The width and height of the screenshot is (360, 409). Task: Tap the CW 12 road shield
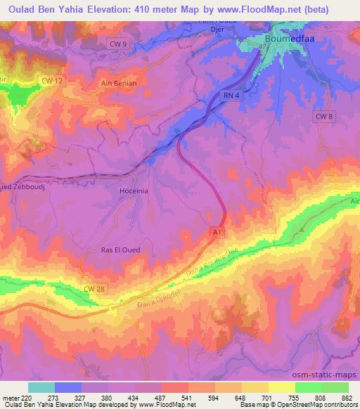click(53, 82)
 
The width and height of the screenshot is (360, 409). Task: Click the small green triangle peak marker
click(302, 229)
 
